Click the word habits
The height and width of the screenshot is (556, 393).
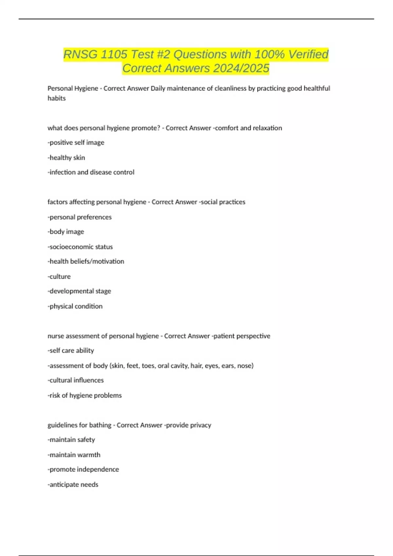pos(57,98)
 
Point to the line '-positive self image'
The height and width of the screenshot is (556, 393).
pos(76,143)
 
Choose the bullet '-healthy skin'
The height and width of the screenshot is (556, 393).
pos(66,158)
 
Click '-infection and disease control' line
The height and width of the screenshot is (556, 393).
pos(91,172)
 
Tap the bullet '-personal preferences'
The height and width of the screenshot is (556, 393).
pos(80,217)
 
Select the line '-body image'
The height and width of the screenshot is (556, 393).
pos(66,232)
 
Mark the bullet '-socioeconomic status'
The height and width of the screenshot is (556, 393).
pos(80,247)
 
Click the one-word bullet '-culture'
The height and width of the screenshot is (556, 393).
pos(59,276)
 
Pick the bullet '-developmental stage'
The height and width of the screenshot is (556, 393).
pos(79,291)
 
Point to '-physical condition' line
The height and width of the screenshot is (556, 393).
pos(75,306)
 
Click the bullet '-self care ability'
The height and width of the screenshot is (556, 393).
pos(71,351)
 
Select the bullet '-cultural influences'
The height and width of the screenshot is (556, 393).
pos(76,380)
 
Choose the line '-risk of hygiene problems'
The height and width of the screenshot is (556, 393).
pos(84,395)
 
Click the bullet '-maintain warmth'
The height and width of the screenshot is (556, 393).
pos(74,455)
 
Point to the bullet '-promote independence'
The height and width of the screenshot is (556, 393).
pos(83,469)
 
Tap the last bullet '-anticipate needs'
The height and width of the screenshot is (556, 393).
pos(73,484)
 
